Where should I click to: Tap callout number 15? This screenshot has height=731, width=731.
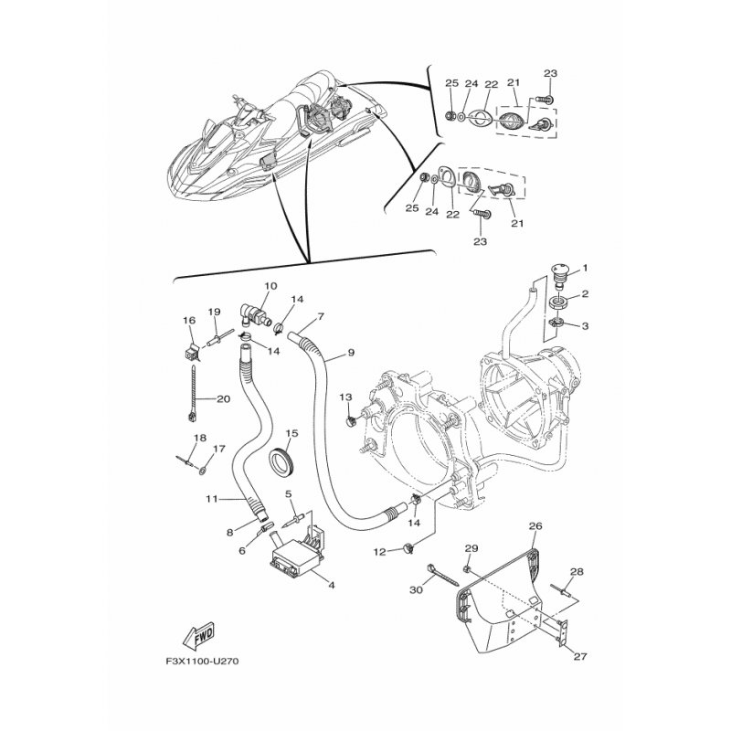coord(292,433)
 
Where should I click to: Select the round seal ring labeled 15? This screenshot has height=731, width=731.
coord(284,462)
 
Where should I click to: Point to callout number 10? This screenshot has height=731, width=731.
coord(270,285)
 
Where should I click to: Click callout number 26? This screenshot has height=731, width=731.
coord(535,525)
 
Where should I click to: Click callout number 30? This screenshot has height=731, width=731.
coord(415,590)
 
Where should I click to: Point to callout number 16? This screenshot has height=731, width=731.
coord(189,320)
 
